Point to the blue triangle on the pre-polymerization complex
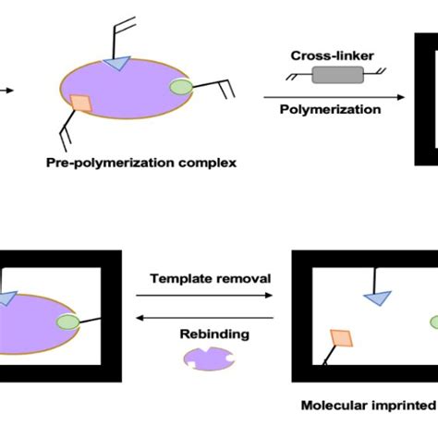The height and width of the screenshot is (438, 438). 118,62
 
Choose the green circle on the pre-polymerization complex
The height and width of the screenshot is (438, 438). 182,89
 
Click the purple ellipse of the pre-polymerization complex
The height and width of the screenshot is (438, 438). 129,92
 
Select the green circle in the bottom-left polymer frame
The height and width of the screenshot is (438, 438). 69,322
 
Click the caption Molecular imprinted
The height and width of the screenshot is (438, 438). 370,405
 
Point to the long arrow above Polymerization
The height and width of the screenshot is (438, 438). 333,95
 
